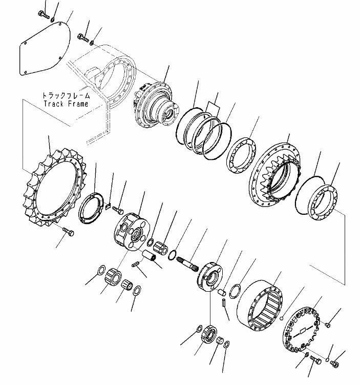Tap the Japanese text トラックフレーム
[x=66, y=95]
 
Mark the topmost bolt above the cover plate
[x=44, y=15]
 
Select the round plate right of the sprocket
[x=94, y=206]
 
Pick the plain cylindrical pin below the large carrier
[x=152, y=255]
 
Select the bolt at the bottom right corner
[x=333, y=363]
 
